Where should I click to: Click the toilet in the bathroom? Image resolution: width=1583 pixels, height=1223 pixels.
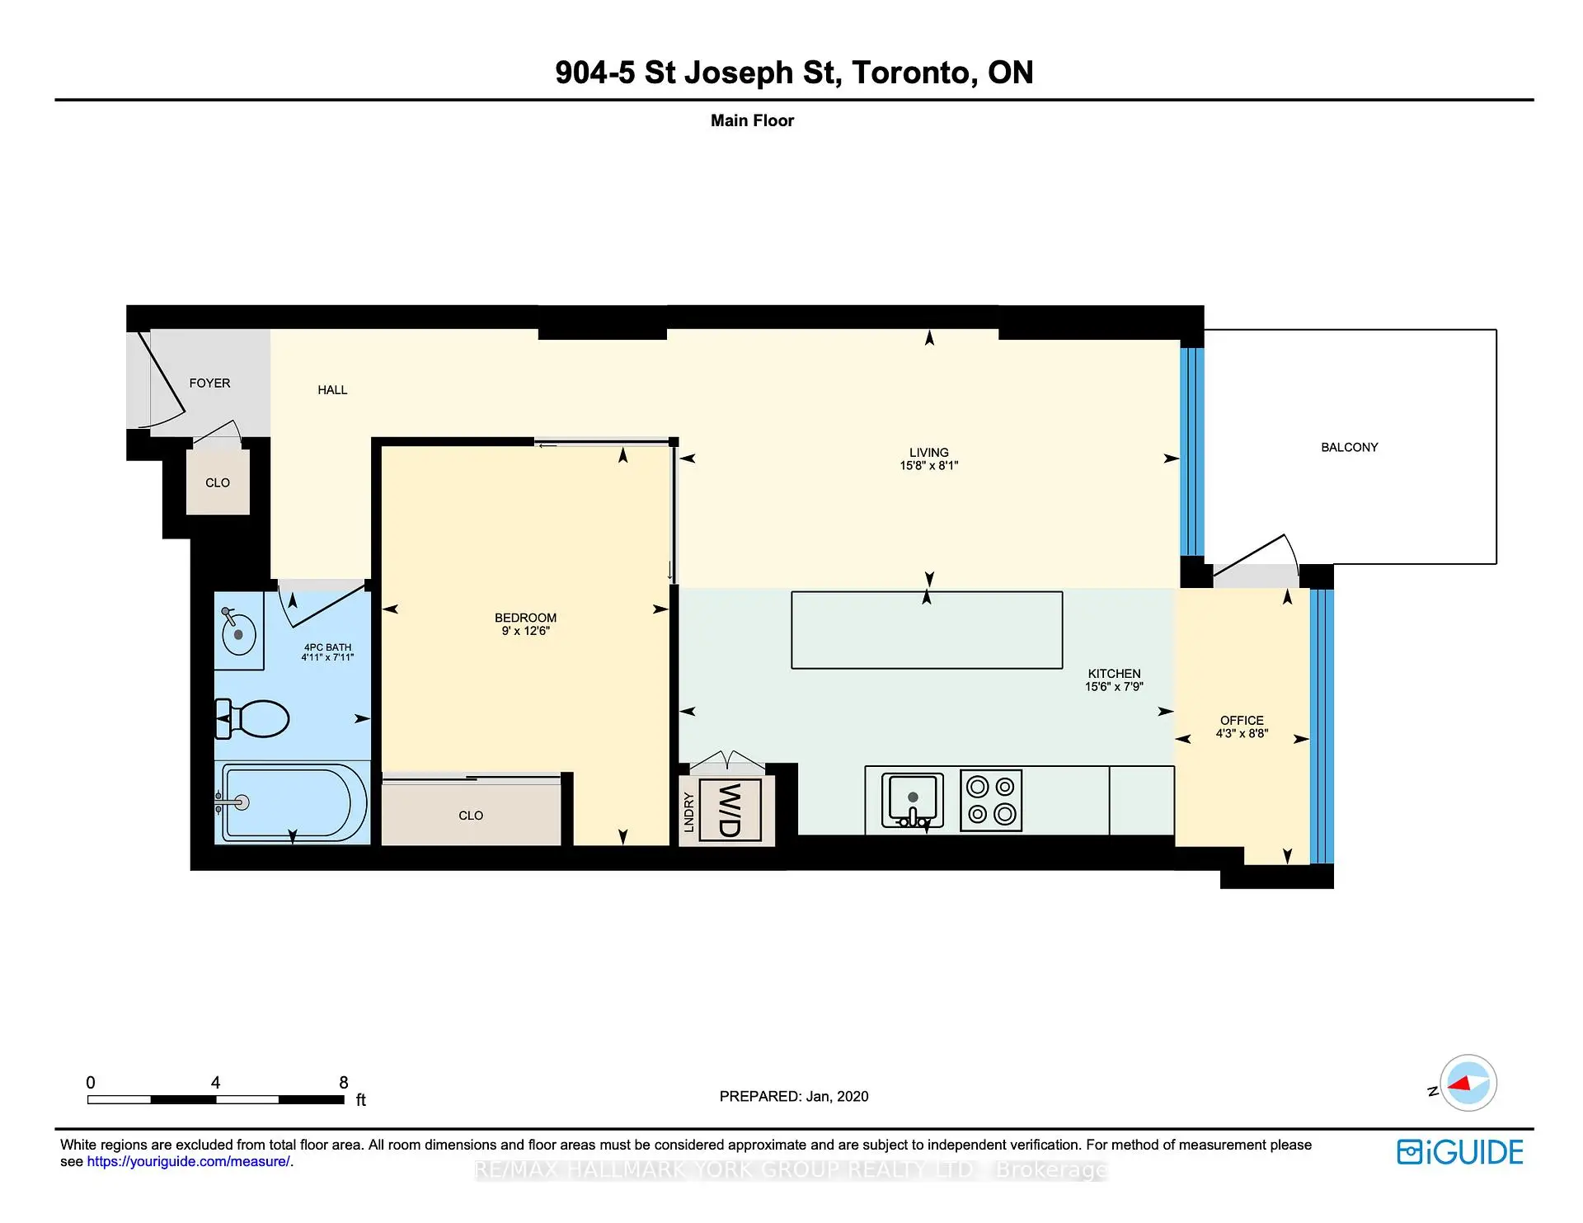coord(252,718)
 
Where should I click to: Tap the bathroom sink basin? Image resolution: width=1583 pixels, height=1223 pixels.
coord(239,633)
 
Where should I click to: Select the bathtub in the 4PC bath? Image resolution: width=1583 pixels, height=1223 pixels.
coord(293,803)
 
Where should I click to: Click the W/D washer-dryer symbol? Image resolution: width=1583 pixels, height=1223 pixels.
coord(730,810)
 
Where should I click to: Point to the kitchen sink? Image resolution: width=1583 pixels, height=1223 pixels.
coord(913,800)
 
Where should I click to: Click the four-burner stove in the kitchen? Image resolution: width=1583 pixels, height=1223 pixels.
coord(992,800)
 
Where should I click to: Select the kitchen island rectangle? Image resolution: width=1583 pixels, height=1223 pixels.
coord(927,630)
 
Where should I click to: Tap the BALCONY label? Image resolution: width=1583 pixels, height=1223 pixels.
coord(1350,447)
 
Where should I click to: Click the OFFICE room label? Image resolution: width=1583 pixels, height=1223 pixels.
coord(1242,720)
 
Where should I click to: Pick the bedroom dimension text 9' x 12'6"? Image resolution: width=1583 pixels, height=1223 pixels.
coord(526,631)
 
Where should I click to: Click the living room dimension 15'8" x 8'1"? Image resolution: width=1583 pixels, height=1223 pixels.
coord(929,465)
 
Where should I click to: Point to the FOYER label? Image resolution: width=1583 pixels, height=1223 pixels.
coord(209,383)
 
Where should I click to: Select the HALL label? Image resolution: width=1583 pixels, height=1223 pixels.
coord(332,390)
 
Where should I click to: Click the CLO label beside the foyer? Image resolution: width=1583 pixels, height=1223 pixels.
coord(218,483)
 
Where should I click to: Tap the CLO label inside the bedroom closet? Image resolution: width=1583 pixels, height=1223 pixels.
coord(471,816)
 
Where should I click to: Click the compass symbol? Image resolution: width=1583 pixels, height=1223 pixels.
coord(1468,1083)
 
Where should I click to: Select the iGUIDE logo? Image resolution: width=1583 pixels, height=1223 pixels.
coord(1460,1152)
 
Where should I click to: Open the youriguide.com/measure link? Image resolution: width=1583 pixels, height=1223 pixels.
coord(189,1161)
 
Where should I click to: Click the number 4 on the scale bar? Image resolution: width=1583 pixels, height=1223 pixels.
coord(215,1082)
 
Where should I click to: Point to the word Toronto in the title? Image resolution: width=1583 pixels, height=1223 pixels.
coord(910,73)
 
